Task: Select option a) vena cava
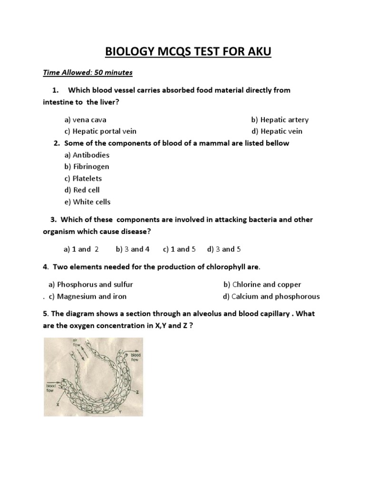pyautogui.click(x=86, y=120)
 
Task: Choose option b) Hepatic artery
pyautogui.click(x=279, y=120)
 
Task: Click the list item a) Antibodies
pyautogui.click(x=86, y=155)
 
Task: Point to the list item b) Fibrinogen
pyautogui.click(x=86, y=166)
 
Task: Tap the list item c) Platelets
pyautogui.click(x=83, y=178)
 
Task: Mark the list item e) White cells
pyautogui.click(x=87, y=202)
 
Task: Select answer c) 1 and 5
pyautogui.click(x=179, y=249)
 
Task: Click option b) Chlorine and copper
pyautogui.click(x=262, y=284)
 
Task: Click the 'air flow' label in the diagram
pyautogui.click(x=76, y=342)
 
